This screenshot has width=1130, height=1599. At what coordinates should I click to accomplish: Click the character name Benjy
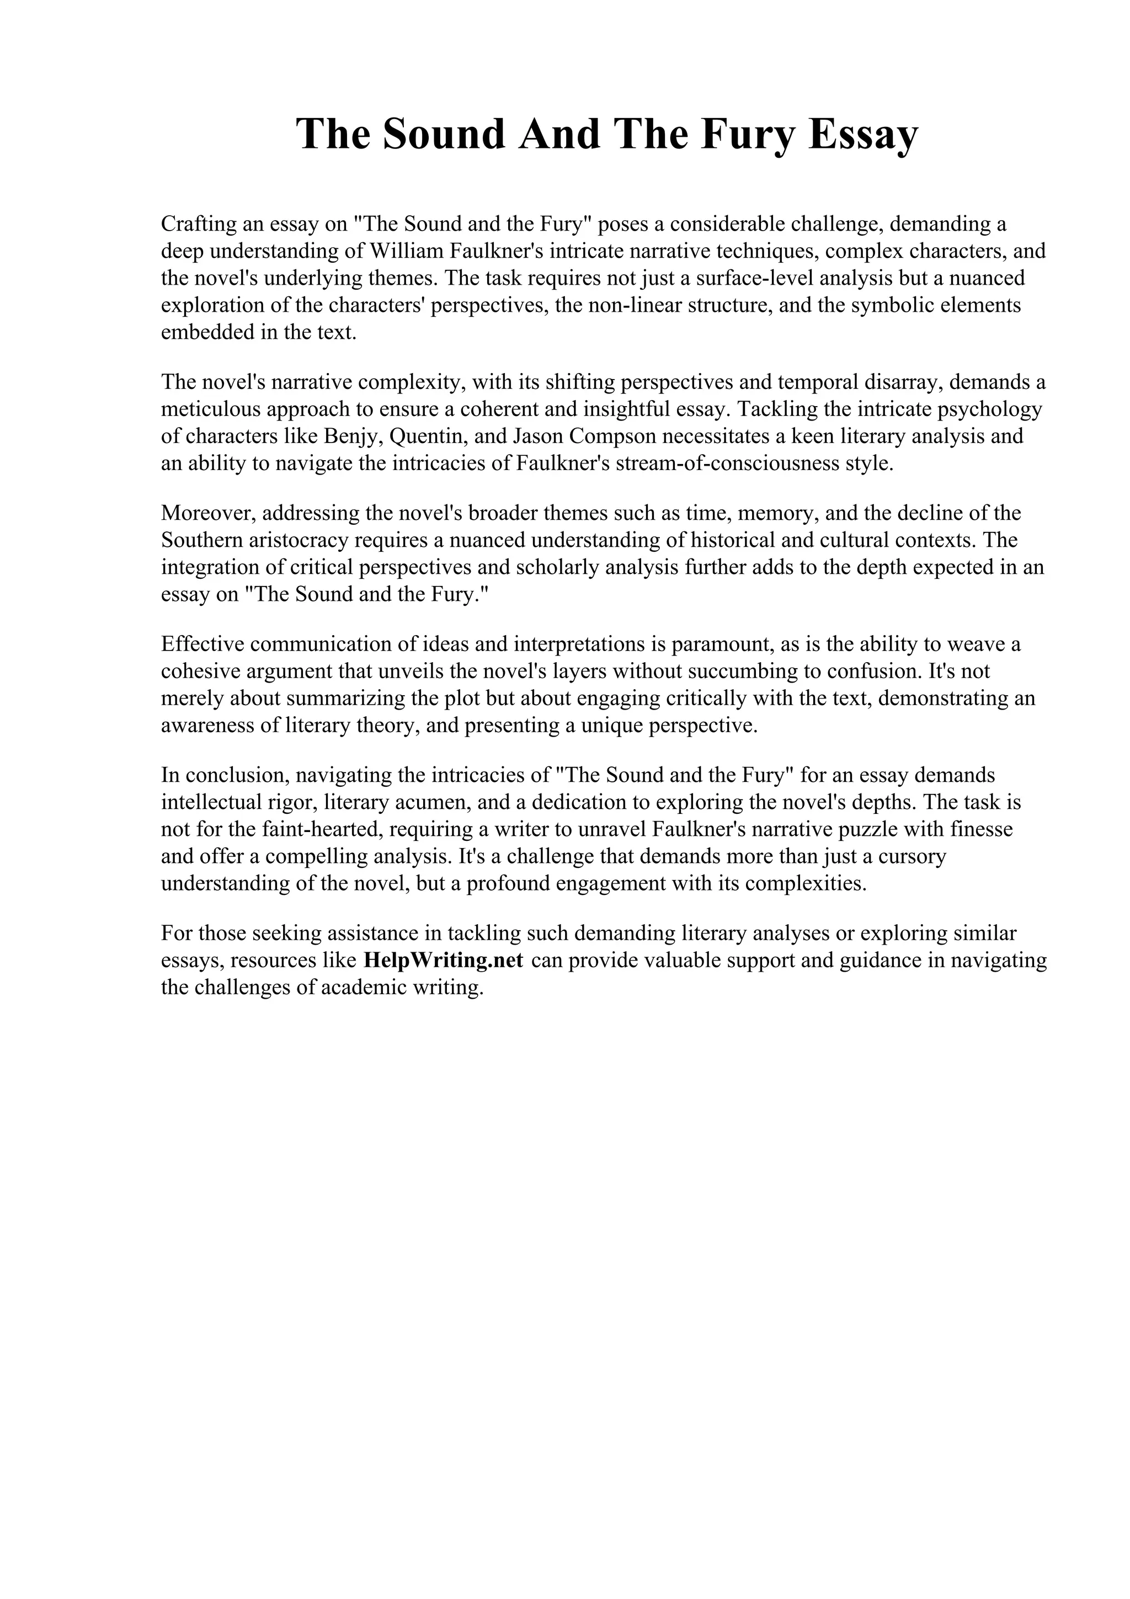(353, 436)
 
